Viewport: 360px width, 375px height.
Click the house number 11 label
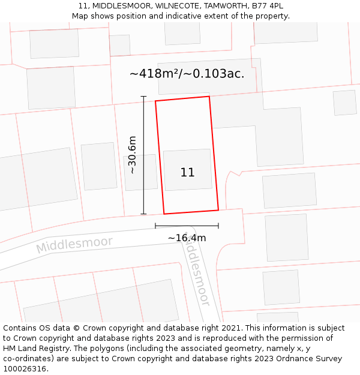187,172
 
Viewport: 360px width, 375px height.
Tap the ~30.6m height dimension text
132,155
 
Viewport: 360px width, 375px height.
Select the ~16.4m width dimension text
187,238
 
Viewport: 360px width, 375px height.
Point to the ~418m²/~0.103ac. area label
187,74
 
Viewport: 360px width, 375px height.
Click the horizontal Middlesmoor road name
74,245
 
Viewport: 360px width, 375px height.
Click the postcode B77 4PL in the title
269,6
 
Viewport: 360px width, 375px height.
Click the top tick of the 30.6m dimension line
143,96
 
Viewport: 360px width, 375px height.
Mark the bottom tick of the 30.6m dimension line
143,214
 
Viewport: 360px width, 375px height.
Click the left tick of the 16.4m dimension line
155,226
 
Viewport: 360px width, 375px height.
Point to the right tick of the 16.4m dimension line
218,226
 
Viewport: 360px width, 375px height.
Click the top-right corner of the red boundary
209,97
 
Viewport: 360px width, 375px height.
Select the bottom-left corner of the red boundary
164,214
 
